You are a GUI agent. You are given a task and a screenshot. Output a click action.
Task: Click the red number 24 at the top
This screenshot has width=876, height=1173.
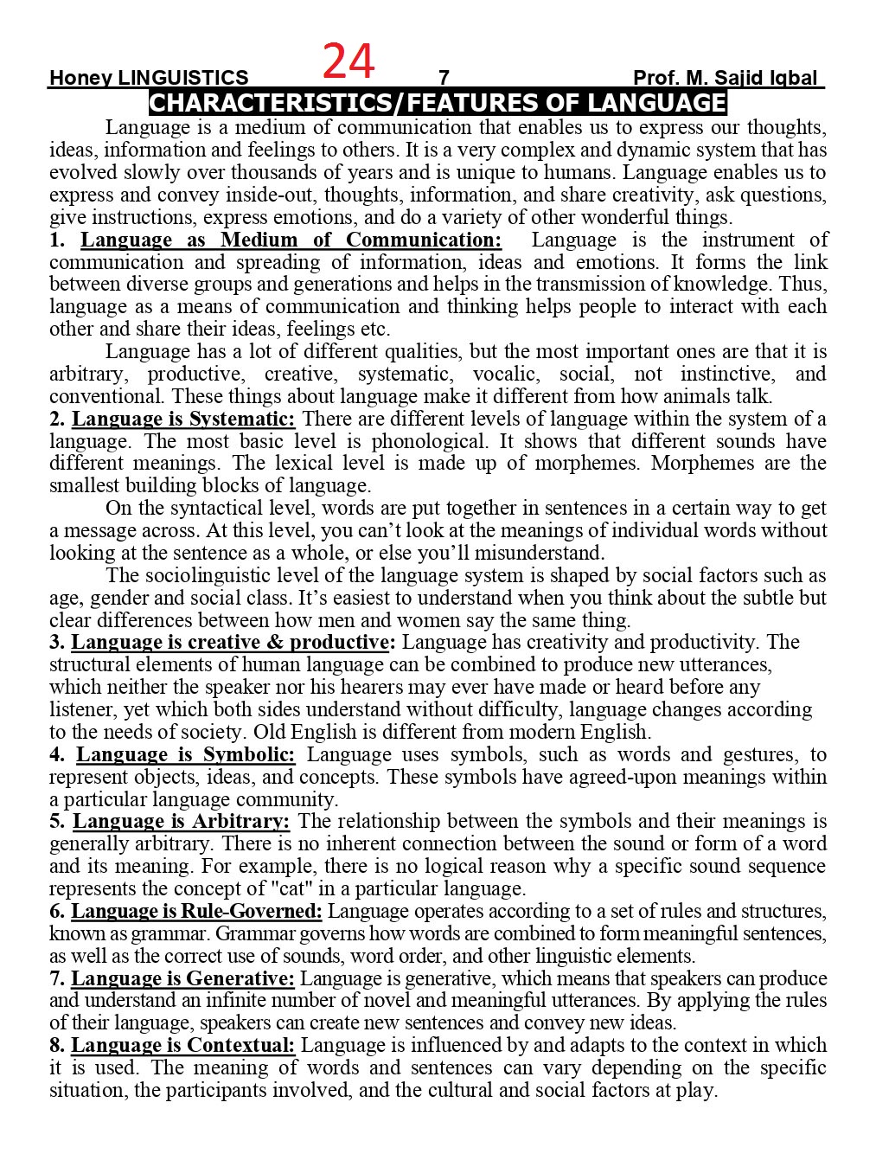(x=348, y=61)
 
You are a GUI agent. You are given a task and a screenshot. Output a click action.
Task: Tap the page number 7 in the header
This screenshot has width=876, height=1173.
(x=444, y=78)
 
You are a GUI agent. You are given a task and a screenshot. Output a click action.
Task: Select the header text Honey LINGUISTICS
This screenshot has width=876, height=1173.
(x=149, y=78)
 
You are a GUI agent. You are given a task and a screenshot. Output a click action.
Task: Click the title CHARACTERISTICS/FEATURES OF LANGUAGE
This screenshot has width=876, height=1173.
(x=438, y=103)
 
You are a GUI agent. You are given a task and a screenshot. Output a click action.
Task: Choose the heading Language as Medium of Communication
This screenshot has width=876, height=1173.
(x=291, y=240)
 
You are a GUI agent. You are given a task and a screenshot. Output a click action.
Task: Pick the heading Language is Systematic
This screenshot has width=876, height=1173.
(x=183, y=419)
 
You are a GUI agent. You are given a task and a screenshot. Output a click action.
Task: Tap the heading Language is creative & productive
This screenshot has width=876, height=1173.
(x=233, y=642)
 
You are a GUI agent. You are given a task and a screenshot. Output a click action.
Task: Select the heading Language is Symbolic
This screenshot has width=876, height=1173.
(x=185, y=754)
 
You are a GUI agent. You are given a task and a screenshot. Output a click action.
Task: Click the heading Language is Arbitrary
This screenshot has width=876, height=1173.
(x=181, y=821)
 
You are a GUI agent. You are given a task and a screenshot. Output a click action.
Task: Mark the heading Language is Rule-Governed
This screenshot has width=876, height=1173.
(x=196, y=911)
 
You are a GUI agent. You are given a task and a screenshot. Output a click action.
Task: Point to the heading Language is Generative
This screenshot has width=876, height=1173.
(x=182, y=978)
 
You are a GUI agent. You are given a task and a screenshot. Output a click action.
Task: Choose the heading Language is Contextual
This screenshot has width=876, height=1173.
(x=182, y=1045)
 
